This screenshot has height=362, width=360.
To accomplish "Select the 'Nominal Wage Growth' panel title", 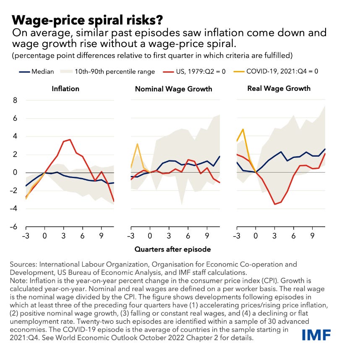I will [174, 89].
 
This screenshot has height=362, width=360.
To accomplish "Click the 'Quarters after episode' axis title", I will [172, 249].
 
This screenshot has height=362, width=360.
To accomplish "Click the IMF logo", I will [316, 335].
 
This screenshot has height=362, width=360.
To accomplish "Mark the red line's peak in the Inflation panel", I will [70, 139].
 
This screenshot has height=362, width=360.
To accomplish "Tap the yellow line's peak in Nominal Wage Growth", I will [137, 144].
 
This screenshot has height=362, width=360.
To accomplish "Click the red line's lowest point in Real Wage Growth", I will [275, 204].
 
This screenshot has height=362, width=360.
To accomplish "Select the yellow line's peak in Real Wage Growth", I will [243, 129].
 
